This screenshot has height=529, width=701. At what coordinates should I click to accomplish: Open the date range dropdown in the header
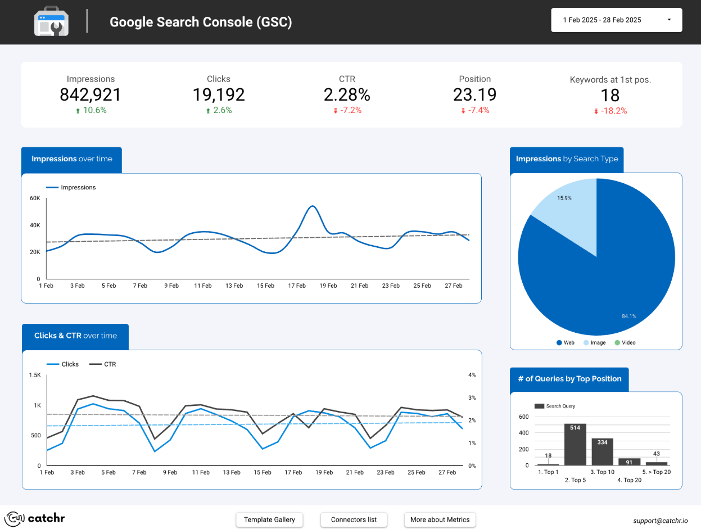[616, 20]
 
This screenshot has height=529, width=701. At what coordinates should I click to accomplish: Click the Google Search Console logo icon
[51, 22]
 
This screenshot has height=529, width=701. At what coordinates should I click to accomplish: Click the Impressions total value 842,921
[90, 94]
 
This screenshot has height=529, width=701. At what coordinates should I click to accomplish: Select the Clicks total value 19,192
[219, 94]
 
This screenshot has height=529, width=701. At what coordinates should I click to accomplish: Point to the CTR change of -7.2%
[347, 110]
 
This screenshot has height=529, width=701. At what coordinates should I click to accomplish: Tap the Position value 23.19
[474, 94]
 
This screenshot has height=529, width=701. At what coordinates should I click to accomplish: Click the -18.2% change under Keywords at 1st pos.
[610, 111]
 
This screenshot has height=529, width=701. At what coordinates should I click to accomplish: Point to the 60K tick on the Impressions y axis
[35, 198]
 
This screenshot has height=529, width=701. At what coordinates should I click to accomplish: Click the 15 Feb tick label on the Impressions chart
[265, 286]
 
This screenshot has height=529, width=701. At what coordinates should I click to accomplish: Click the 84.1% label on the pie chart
[628, 317]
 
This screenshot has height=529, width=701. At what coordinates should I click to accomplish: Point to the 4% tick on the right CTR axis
[472, 375]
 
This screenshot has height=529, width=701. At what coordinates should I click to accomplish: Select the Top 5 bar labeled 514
[575, 445]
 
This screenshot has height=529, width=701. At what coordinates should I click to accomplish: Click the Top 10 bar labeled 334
[602, 451]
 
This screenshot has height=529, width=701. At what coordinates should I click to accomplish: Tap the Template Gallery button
[269, 519]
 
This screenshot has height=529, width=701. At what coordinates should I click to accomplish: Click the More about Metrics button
[440, 519]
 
